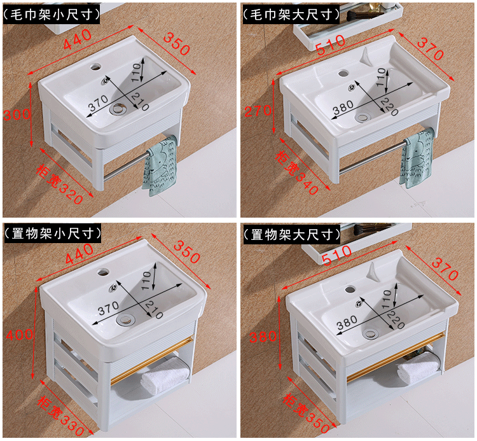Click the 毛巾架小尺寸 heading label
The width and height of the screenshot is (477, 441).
coord(52,14)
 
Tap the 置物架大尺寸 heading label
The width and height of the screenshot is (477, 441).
coord(291,234)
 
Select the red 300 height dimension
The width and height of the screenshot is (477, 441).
coord(17,115)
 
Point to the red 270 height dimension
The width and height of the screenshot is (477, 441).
coord(258,111)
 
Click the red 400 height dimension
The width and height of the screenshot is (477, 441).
coord(20,335)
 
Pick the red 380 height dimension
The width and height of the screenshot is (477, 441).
coord(263,337)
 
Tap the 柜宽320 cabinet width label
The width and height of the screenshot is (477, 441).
coord(60,184)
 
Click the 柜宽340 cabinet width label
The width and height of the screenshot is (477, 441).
coord(296,172)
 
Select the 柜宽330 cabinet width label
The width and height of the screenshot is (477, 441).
coord(61,415)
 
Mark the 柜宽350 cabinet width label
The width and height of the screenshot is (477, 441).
coord(306,413)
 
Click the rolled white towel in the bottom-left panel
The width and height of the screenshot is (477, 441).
coord(165,374)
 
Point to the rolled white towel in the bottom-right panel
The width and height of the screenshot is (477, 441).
coord(418,368)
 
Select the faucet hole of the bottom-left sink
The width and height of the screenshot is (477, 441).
coord(103,271)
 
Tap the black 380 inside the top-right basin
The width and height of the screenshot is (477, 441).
coord(343,108)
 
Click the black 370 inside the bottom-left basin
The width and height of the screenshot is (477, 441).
coord(109,308)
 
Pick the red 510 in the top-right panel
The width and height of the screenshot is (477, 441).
coord(330,45)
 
